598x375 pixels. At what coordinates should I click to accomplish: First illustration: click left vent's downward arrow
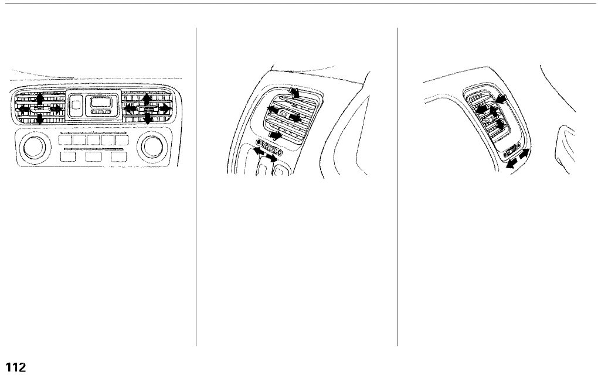[x=39, y=120]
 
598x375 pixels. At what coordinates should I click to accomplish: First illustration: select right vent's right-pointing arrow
[x=165, y=108]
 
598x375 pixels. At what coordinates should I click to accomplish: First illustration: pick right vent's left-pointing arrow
[x=130, y=108]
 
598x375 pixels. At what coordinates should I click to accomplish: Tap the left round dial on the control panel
[x=33, y=148]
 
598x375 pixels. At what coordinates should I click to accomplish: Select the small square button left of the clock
[x=76, y=106]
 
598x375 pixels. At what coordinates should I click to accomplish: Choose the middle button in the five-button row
[x=94, y=141]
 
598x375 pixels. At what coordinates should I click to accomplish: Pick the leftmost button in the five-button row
[x=66, y=141]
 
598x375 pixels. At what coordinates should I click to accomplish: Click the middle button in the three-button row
[x=94, y=156]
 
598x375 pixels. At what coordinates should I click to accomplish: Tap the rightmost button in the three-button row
[x=119, y=156]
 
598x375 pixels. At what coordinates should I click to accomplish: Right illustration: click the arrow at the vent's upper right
[x=500, y=101]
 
